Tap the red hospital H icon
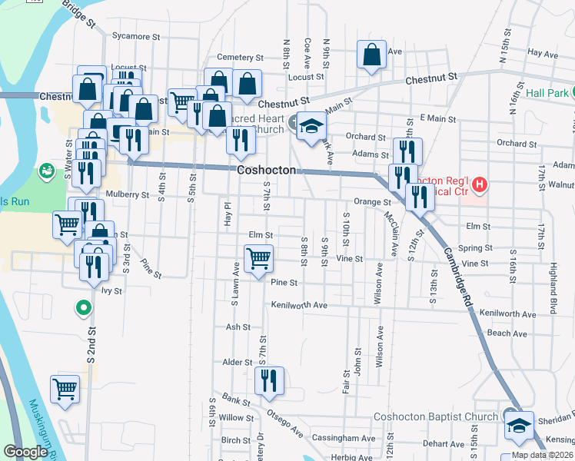pos(480,184)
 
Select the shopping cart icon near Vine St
pos(259,257)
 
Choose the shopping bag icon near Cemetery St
pos(371,55)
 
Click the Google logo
pos(25,453)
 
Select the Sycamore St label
pos(135,36)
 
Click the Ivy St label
pos(112,291)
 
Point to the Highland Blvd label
pos(551,275)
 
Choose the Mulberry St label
pos(127,195)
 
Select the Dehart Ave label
pos(444,443)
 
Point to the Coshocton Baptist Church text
pos(436,417)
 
